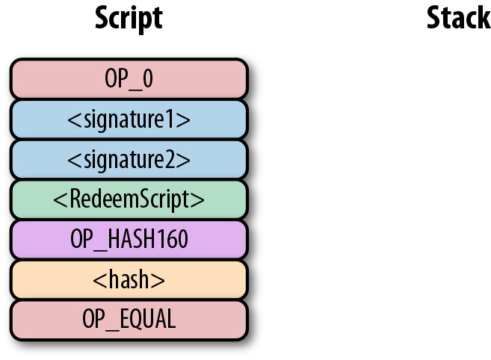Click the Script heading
(129, 19)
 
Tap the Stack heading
(458, 19)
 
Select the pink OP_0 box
(129, 78)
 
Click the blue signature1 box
(129, 119)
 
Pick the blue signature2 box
(129, 159)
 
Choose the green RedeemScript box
(129, 199)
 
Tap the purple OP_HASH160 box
(129, 240)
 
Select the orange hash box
(129, 280)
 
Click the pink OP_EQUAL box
(129, 320)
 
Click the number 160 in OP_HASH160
(173, 240)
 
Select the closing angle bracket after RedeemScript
(200, 200)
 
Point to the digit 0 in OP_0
(147, 78)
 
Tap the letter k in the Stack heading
(484, 19)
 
